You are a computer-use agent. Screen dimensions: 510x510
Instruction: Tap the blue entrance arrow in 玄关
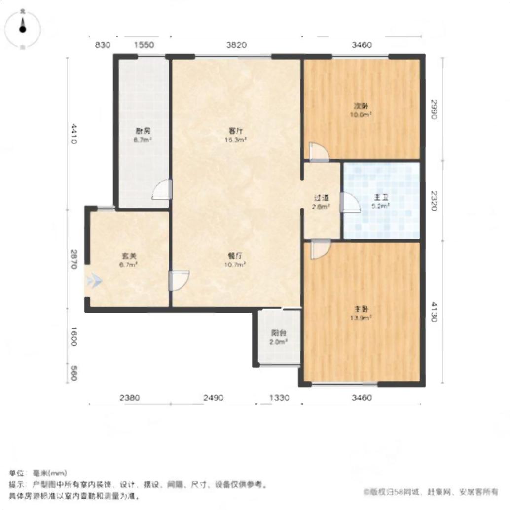94,281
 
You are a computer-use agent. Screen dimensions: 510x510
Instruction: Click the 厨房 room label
143,131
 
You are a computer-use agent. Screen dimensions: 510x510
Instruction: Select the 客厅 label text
236,131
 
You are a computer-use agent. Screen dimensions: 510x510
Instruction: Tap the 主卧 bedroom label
362,309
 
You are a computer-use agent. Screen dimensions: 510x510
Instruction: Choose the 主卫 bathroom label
381,198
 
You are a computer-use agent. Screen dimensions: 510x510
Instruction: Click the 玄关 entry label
129,256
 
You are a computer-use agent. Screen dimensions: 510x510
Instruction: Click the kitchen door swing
162,189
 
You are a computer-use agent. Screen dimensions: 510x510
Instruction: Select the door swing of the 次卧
318,151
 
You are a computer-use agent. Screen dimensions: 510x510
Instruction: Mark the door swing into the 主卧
320,249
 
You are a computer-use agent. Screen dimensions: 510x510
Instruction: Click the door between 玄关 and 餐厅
179,281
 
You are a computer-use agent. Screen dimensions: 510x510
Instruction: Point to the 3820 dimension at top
236,45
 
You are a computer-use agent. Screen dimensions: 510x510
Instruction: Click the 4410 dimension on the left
73,134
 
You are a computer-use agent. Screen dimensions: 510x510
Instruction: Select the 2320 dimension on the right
434,201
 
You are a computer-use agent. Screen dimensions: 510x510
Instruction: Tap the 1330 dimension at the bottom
279,398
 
